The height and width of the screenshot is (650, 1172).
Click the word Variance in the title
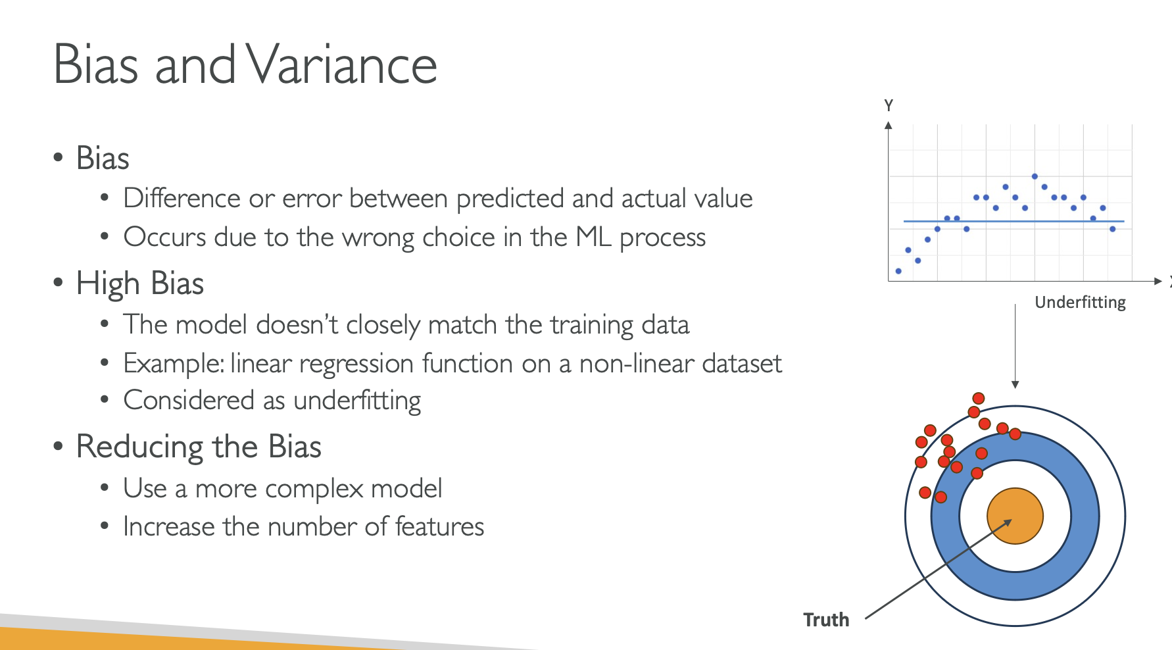coord(342,65)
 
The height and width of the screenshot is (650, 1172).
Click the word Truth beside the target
coord(826,620)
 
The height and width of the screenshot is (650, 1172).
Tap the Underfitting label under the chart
coord(1080,302)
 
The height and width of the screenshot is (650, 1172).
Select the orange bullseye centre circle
coord(1015,516)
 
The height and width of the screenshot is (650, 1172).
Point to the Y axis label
coord(889,105)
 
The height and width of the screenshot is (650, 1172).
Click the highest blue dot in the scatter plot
coord(1035,176)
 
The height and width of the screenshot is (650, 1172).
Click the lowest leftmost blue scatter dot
coord(898,271)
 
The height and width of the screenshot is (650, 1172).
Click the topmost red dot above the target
coord(979,398)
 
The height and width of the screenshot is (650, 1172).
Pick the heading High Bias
coord(139,284)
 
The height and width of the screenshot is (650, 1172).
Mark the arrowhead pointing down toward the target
coord(1015,384)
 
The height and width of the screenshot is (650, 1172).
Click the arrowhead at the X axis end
coord(1158,281)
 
